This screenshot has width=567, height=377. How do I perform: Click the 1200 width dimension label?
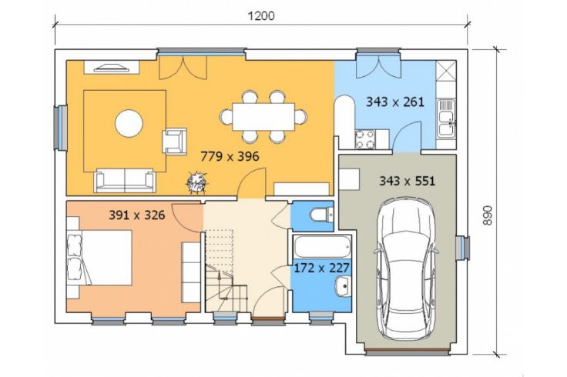[261, 16]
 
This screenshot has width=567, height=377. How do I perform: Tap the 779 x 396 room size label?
[230, 156]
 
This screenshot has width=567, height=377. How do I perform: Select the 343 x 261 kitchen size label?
[395, 102]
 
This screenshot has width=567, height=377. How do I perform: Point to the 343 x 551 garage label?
[407, 181]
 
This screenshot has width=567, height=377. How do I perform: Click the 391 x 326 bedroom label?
[137, 215]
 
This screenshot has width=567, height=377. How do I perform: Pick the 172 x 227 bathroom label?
[321, 268]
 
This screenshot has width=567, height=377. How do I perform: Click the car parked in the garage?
[407, 269]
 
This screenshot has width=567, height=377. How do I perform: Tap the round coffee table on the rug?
[129, 123]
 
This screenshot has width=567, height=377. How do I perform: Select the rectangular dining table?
[263, 116]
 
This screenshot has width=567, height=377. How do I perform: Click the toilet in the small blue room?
[321, 215]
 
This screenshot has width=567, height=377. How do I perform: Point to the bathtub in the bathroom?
[322, 247]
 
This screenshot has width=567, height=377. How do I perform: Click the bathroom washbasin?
[343, 286]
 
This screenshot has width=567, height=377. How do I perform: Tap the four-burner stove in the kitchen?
[365, 139]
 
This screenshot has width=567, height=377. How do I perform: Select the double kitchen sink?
[447, 118]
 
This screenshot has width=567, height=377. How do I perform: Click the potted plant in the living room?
[197, 182]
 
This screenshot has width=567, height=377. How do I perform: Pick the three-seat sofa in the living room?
[125, 180]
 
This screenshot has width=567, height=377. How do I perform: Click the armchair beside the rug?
[175, 142]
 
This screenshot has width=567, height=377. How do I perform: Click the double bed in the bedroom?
[99, 258]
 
